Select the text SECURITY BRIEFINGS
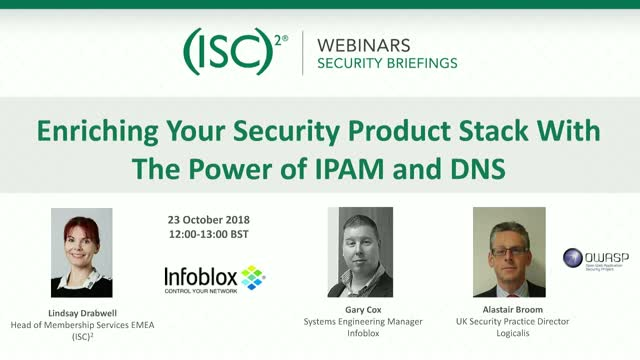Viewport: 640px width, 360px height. [386, 63]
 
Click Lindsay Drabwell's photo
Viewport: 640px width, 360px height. [81, 254]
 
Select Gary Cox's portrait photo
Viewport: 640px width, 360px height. [359, 253]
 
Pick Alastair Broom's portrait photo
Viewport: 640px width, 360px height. [509, 252]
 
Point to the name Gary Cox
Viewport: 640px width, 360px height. [359, 312]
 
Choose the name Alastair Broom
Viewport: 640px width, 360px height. [510, 312]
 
